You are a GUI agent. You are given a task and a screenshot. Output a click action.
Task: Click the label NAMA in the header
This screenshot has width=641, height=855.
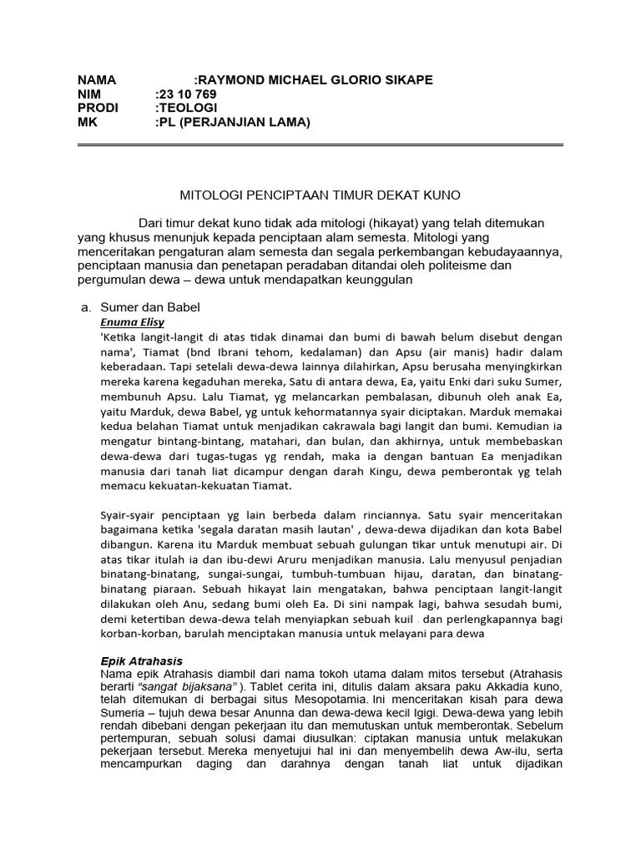coord(97,80)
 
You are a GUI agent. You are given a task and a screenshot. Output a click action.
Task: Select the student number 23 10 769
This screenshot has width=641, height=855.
coord(189,94)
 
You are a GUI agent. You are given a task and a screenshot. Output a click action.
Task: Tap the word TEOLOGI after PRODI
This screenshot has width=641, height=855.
coord(189,109)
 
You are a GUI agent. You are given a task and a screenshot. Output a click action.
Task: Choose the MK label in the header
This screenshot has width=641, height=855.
coord(88,123)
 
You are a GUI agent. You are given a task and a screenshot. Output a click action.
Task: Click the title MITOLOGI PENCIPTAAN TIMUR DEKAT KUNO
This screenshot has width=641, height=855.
coord(320,195)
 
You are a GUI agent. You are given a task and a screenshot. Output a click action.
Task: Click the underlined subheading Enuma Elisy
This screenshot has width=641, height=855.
coord(132,321)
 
